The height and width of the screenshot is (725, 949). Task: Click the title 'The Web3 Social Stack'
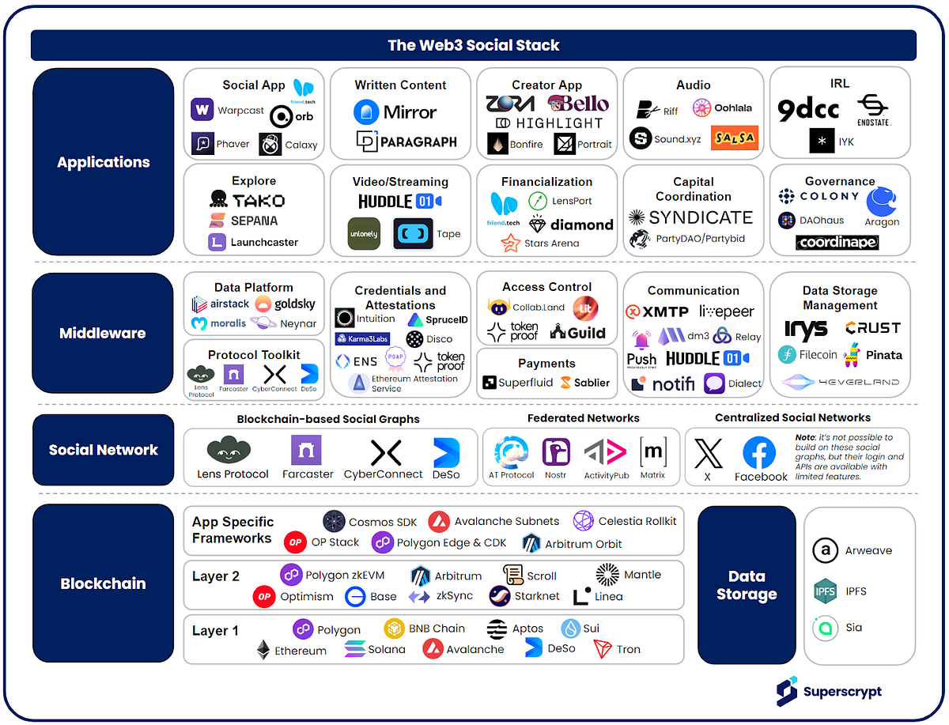pos(473,45)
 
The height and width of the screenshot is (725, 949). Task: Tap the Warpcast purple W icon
pos(202,110)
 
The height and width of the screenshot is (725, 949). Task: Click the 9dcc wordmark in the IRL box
pos(807,109)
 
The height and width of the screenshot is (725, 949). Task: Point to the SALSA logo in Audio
pos(734,138)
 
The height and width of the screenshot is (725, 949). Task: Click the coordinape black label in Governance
pos(836,242)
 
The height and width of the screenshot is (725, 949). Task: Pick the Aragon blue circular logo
pos(881,202)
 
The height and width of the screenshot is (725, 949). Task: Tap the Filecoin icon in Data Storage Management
pos(787,355)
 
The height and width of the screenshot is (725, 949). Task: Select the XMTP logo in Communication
pos(657,312)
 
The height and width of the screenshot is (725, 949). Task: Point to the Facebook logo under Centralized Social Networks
pos(759,453)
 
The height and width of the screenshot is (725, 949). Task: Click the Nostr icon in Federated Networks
pos(556,452)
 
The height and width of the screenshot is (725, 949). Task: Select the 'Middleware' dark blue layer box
pos(103,333)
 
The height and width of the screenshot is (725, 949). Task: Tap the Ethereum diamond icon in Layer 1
pos(263,650)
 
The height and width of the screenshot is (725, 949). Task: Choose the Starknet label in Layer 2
pos(537,596)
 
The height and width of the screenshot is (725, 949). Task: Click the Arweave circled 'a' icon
pos(826,550)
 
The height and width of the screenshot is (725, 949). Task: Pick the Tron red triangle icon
pos(603,649)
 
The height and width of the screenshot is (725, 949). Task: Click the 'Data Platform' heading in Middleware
pos(253,288)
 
